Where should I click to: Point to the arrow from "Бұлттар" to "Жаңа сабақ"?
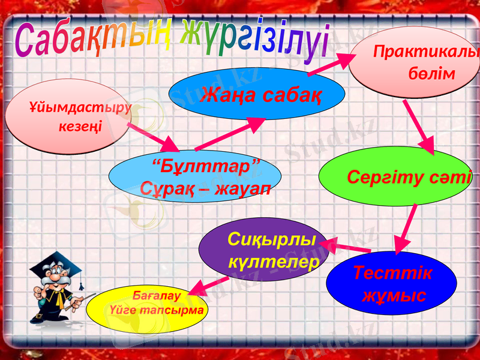(231, 133)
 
